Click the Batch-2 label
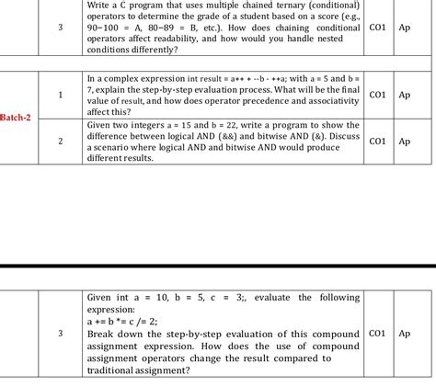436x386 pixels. tap(19, 118)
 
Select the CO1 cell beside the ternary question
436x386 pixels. tap(377, 28)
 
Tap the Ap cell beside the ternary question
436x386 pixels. tap(405, 28)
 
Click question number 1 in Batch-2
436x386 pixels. tap(60, 95)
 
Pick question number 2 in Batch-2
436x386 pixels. tap(60, 142)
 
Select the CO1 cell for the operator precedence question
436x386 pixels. tap(377, 95)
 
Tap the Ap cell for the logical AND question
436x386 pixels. tap(405, 142)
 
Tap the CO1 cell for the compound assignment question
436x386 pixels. tap(377, 334)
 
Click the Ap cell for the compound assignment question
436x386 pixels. tap(405, 334)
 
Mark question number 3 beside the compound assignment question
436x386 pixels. tap(60, 334)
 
